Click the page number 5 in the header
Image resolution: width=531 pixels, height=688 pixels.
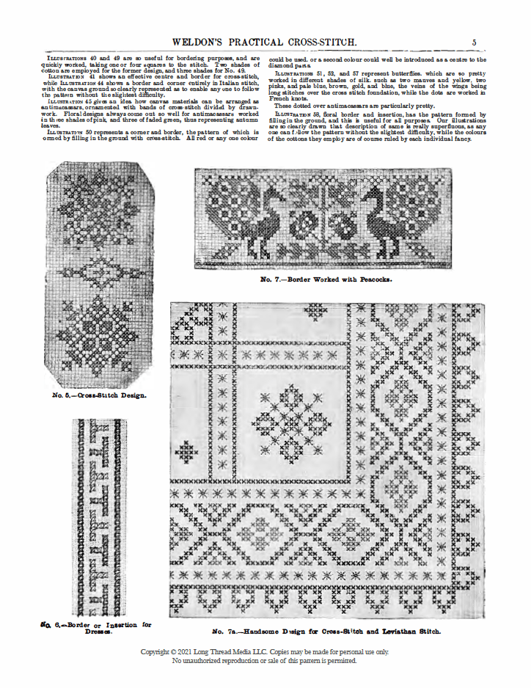pos(475,43)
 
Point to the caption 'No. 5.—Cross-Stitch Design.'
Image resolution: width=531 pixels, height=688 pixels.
pos(100,395)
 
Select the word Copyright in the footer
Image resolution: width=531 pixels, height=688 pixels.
pos(159,651)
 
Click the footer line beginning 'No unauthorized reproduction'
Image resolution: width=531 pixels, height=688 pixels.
pos(265,660)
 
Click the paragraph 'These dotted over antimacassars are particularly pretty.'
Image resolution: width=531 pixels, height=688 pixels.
pos(352,106)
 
